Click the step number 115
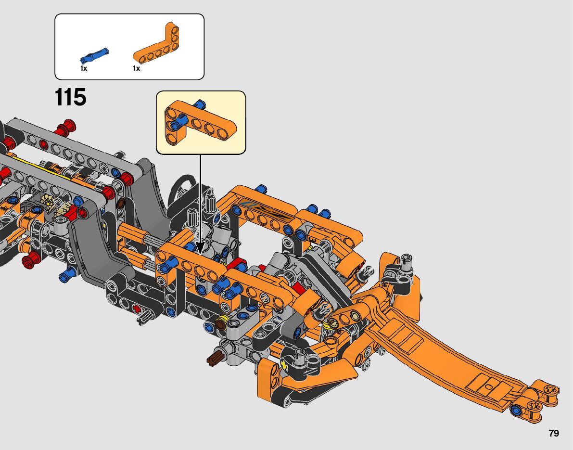[x=71, y=97]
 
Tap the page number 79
[x=554, y=433]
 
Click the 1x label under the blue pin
[x=84, y=68]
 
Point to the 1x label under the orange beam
[x=136, y=68]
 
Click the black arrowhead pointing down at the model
[x=200, y=248]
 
